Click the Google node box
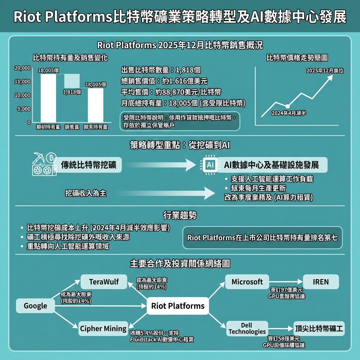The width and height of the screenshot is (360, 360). point(36,306)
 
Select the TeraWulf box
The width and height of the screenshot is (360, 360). point(104,282)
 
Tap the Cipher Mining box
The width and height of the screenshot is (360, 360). point(103,329)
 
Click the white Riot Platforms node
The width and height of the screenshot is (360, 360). point(178,306)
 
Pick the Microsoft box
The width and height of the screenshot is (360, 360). point(247,282)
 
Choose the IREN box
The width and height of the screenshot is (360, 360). point(321,282)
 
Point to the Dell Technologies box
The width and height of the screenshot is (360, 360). point(247,329)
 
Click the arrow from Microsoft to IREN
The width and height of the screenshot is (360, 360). point(286,282)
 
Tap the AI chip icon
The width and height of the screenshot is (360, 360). point(210,165)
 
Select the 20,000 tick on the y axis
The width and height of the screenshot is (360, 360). point(22,68)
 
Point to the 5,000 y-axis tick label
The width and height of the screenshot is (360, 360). point(24,109)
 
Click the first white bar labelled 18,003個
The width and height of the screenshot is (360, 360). point(48,98)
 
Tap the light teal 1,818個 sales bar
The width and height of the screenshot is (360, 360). point(72,81)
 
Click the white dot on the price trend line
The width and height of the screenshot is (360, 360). point(288,106)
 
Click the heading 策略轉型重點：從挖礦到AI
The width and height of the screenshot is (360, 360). point(180,145)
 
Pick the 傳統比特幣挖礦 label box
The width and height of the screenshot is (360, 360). point(89,165)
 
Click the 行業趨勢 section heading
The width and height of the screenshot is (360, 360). point(180,215)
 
